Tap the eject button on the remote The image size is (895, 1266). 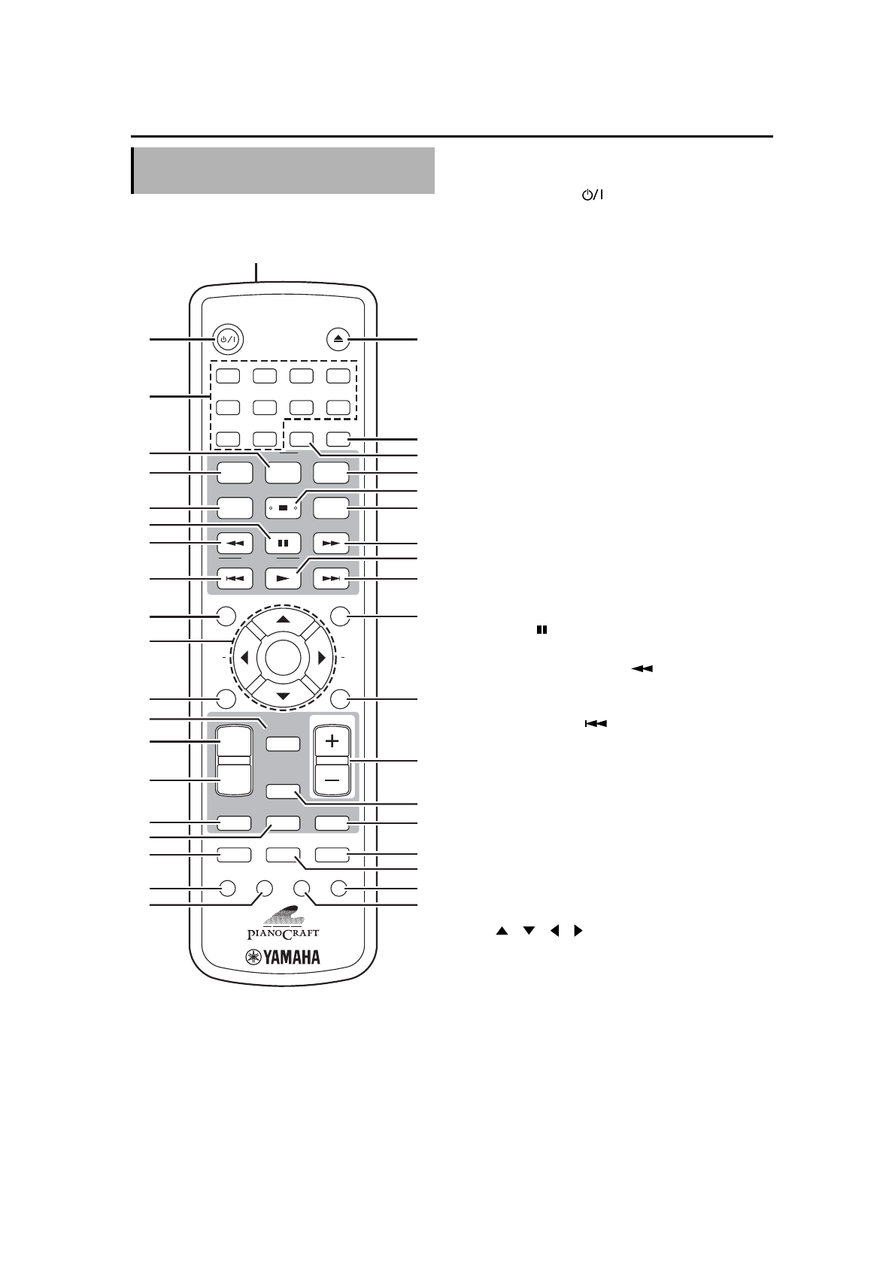[x=338, y=339]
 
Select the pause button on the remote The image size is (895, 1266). [x=283, y=542]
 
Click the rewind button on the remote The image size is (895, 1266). [x=235, y=542]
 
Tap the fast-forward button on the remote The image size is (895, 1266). [x=332, y=542]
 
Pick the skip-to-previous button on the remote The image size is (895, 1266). [x=235, y=579]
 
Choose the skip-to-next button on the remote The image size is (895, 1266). [x=332, y=579]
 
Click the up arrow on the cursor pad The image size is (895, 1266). [x=283, y=619]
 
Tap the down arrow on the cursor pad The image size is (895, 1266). [x=283, y=695]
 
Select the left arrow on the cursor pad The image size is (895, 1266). [x=244, y=658]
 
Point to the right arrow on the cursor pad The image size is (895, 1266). [x=322, y=658]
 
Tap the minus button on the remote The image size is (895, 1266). [x=332, y=781]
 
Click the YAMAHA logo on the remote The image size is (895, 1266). [x=283, y=958]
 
